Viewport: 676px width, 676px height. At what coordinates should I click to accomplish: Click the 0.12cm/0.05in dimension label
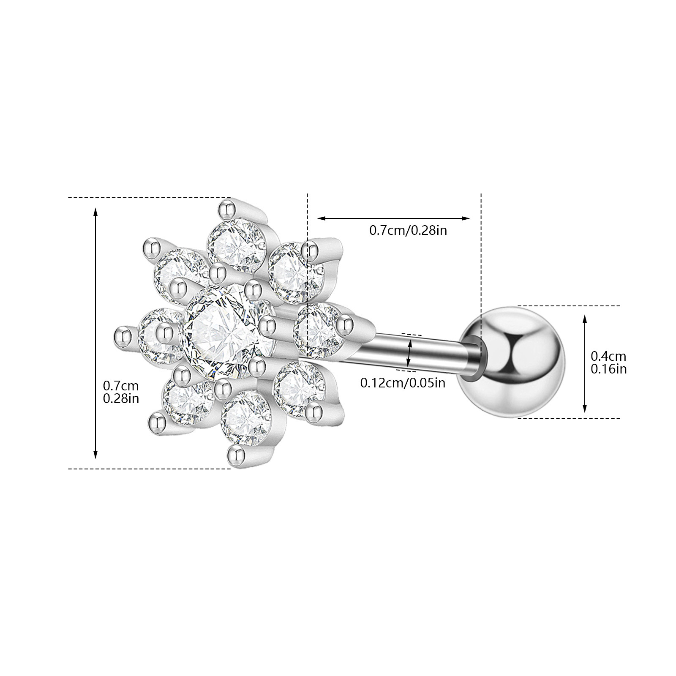coord(402,383)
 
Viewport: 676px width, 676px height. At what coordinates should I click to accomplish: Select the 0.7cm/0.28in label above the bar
coord(408,231)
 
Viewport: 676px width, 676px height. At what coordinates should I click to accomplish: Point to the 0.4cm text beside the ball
coord(608,356)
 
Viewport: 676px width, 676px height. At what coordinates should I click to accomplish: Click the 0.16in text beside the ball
coord(608,369)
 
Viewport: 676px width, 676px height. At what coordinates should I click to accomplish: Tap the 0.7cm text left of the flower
coord(121,385)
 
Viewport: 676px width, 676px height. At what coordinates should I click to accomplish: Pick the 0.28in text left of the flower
coord(121,398)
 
